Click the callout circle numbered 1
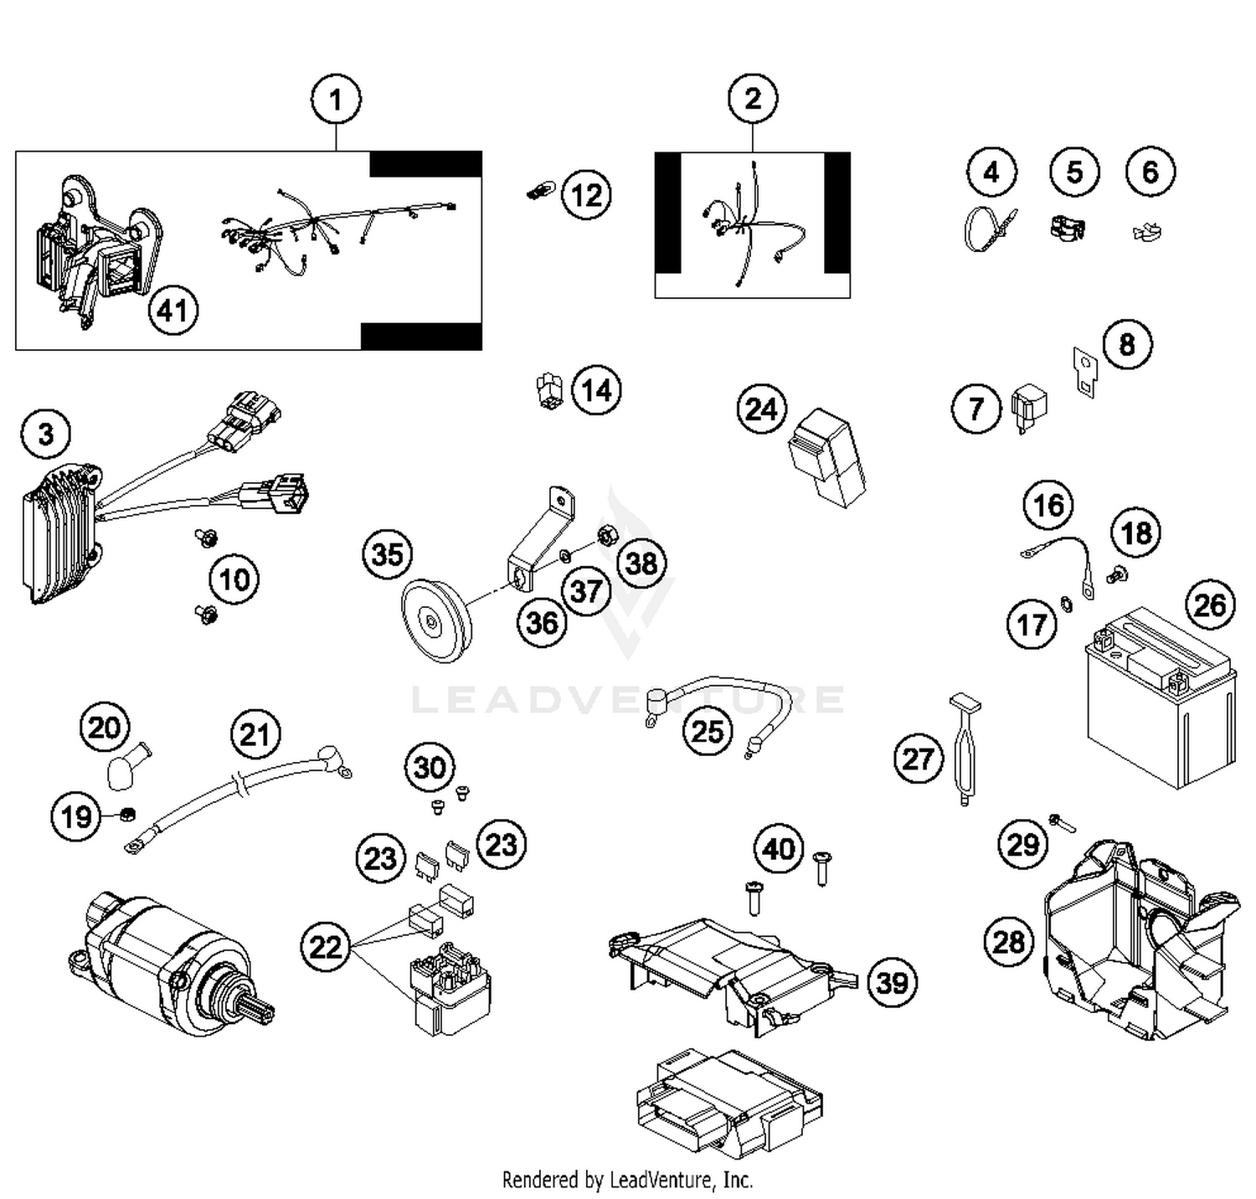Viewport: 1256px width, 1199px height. tap(336, 100)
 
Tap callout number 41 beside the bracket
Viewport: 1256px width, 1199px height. tap(172, 311)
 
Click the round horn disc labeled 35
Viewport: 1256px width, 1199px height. tap(436, 620)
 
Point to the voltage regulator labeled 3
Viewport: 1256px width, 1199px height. tap(60, 536)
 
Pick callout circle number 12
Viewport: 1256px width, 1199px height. tap(586, 195)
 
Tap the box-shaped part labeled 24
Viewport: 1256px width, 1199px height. tap(826, 457)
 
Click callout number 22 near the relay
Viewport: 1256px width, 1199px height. tap(326, 947)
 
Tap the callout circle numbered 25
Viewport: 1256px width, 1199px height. tap(708, 731)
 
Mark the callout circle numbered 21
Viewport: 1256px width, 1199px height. tap(255, 734)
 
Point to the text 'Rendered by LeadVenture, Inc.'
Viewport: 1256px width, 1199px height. tap(627, 1180)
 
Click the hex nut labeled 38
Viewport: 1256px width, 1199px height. tap(605, 533)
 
